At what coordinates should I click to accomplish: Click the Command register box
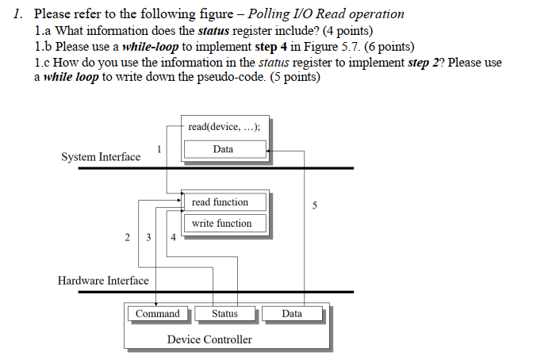point(158,314)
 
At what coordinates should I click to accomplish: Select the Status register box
point(224,314)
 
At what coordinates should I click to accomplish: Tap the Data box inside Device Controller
point(292,314)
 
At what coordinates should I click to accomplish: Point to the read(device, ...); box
point(224,127)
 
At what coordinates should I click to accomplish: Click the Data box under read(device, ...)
point(224,149)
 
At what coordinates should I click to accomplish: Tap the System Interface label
point(101,157)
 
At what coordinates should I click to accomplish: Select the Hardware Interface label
point(103,281)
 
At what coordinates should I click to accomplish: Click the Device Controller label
point(209,339)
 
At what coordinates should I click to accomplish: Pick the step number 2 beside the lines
point(128,237)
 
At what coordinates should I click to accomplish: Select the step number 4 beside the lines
point(174,237)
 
